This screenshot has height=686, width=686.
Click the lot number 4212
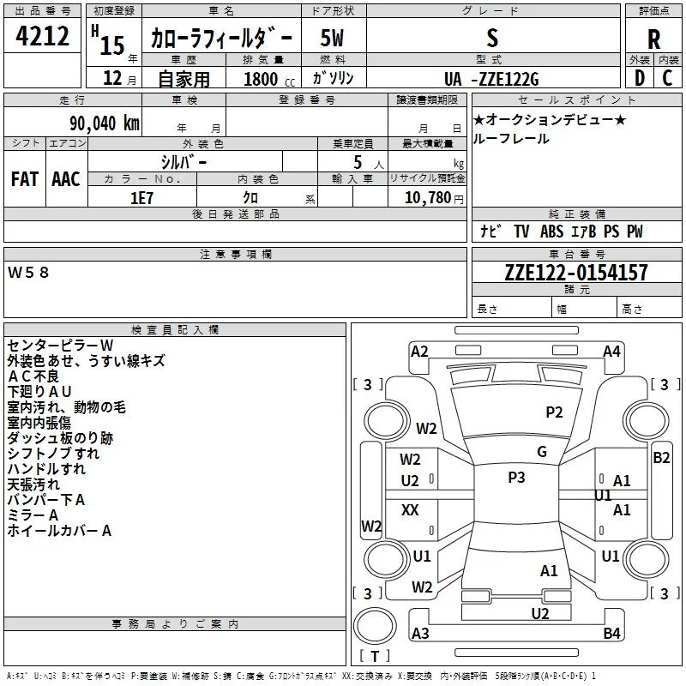(42, 36)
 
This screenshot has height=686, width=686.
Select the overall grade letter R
(653, 39)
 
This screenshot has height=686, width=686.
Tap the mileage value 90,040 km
(104, 123)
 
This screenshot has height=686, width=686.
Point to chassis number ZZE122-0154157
(576, 273)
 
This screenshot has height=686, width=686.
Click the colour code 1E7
(141, 198)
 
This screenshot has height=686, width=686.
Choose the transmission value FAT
(25, 179)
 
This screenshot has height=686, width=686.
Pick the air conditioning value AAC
(66, 179)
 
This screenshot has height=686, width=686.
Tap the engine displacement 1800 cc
(269, 80)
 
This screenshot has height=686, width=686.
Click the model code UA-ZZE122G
(491, 79)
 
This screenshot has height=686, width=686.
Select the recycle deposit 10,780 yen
(434, 198)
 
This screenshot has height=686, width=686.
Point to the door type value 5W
(332, 38)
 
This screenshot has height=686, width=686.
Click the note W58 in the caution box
(28, 273)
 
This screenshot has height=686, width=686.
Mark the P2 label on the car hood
(554, 412)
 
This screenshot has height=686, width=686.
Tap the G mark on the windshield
(542, 452)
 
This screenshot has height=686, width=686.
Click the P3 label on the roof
(516, 478)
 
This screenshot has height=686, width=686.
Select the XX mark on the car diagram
(410, 509)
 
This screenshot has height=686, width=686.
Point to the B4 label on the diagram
(611, 633)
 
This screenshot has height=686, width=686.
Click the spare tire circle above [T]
(375, 626)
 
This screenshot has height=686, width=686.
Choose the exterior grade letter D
(640, 78)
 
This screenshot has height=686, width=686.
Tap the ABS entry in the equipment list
(551, 232)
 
